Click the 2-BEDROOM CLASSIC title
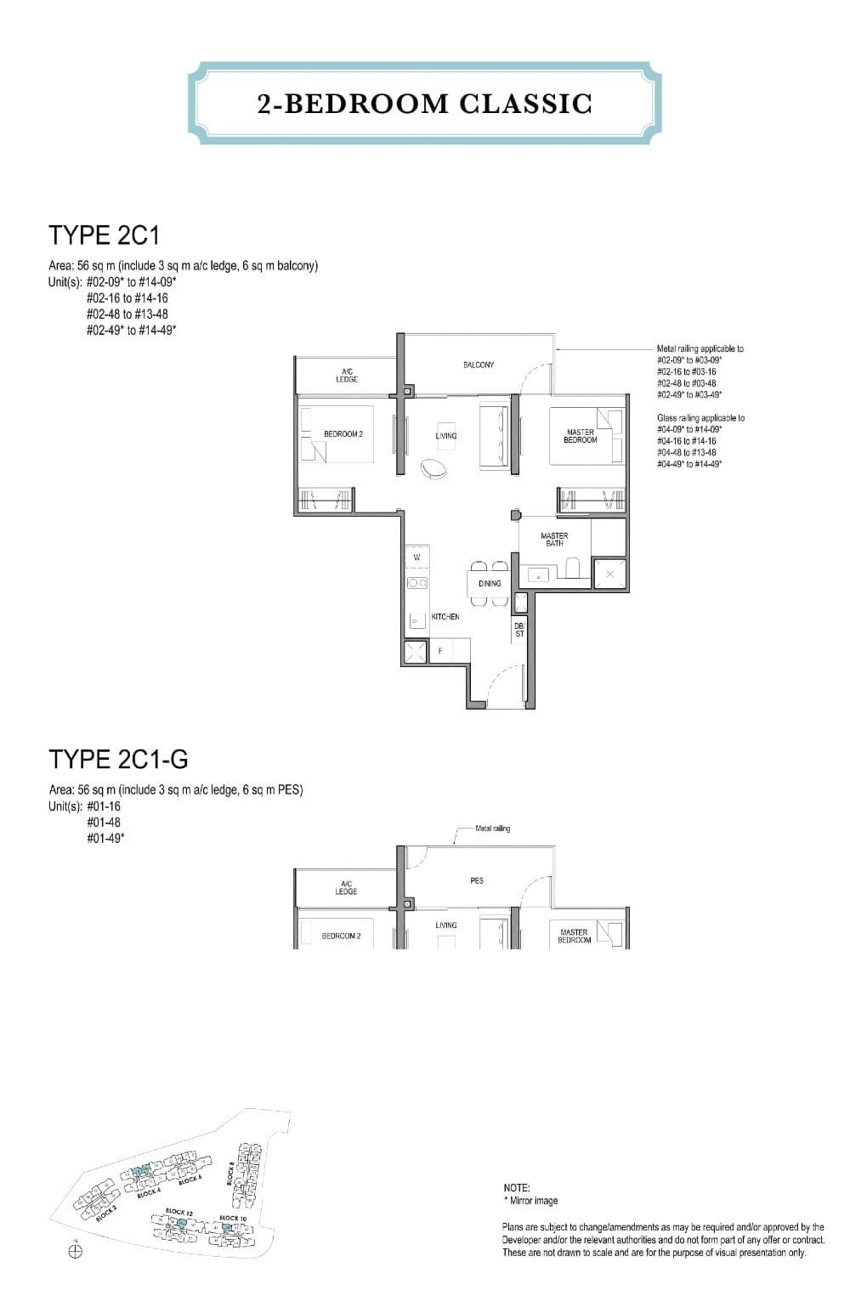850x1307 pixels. [x=424, y=104]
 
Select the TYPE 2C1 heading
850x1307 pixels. [x=104, y=235]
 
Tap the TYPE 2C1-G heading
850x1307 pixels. [x=118, y=758]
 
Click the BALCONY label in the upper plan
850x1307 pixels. [x=478, y=365]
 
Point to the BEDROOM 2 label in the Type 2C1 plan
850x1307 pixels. [x=343, y=434]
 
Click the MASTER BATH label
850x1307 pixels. [x=554, y=540]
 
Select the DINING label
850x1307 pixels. [x=490, y=584]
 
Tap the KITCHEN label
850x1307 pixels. [x=445, y=617]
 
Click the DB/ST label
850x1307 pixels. [x=519, y=630]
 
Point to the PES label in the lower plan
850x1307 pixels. [x=476, y=880]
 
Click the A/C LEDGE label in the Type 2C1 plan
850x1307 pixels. [x=346, y=375]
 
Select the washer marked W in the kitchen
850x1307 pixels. [x=416, y=557]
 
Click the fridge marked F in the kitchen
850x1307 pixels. [x=439, y=651]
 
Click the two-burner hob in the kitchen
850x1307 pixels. [x=417, y=583]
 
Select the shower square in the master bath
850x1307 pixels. [x=609, y=574]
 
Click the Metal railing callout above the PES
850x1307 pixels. [x=492, y=829]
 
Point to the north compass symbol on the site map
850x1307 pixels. [x=75, y=1252]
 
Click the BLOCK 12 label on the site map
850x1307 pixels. [x=176, y=1212]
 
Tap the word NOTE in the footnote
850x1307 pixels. [x=516, y=1188]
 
